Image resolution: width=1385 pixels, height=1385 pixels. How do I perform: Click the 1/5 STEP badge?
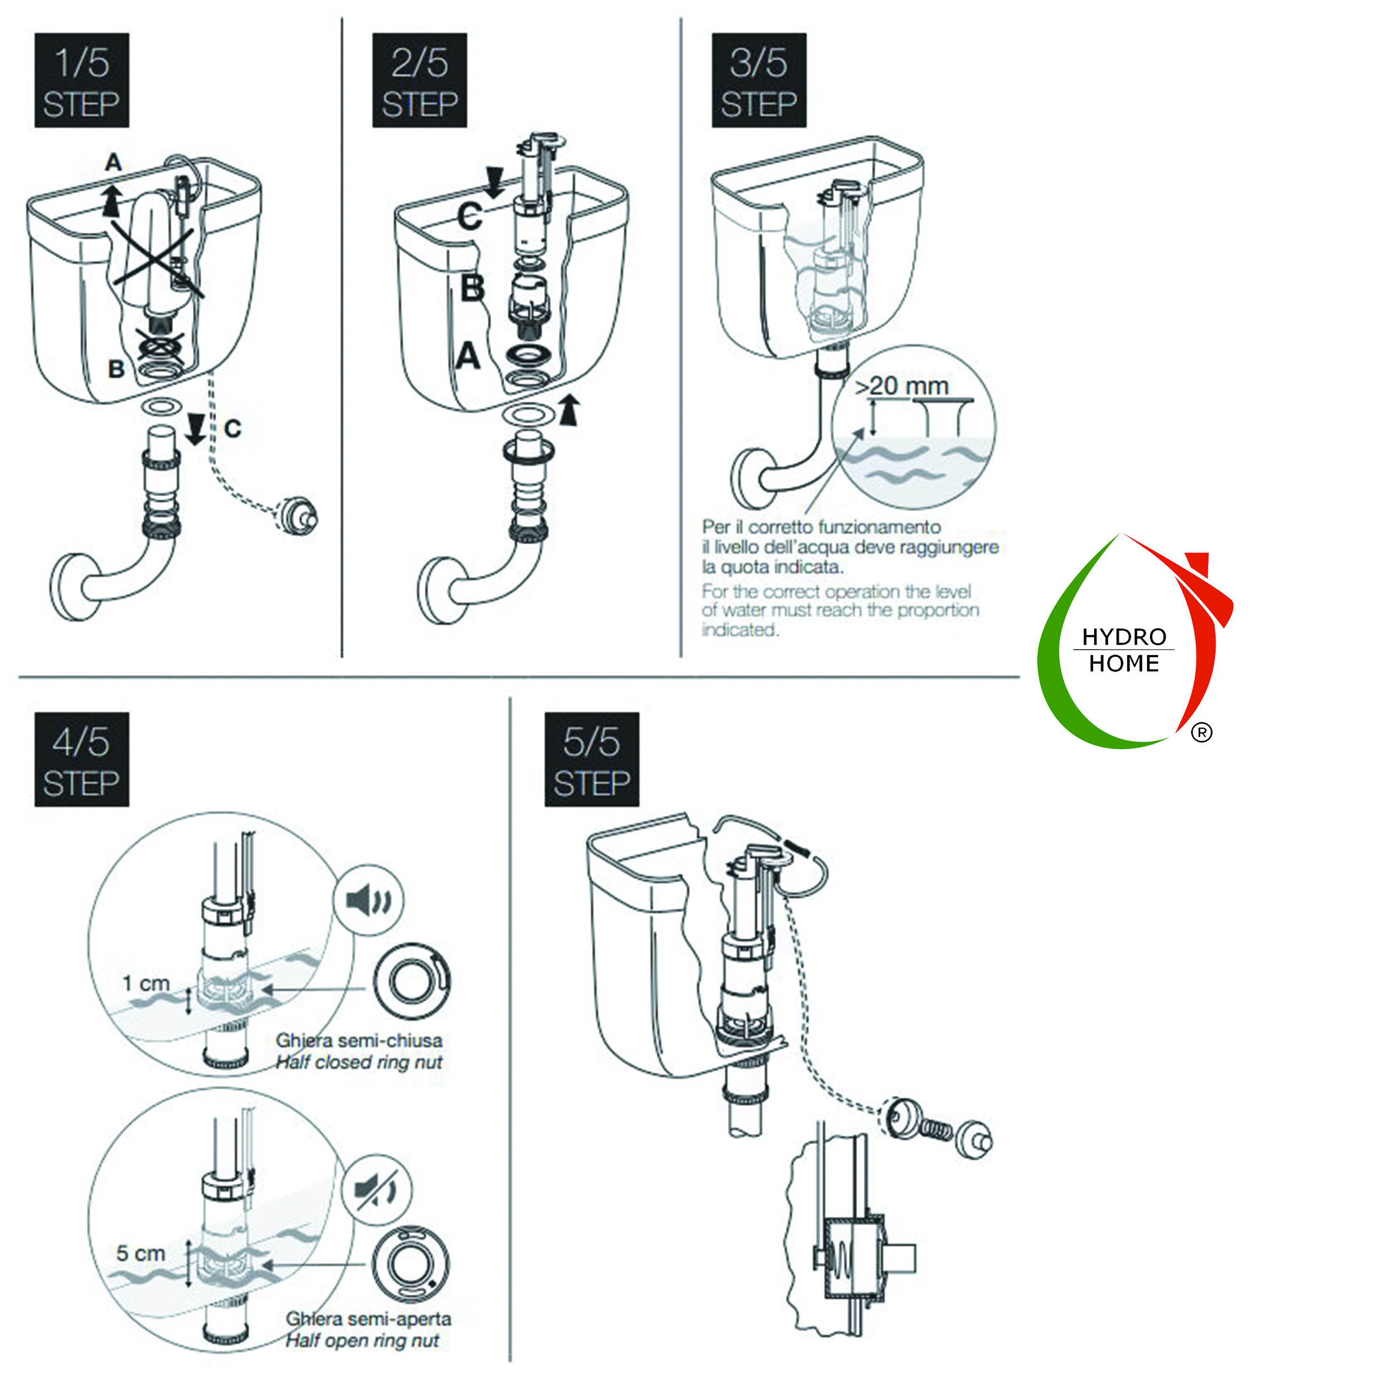[x=82, y=80]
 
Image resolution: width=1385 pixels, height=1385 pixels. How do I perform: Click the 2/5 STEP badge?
[x=419, y=80]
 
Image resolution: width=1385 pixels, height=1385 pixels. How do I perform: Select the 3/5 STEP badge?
[x=758, y=80]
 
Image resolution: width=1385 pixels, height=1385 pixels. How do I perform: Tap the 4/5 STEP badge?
[x=82, y=759]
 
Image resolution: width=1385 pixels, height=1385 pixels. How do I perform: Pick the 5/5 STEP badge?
[x=592, y=759]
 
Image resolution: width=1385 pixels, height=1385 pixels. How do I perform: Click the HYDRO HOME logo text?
[x=1123, y=650]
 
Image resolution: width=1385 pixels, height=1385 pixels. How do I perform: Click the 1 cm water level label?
[x=145, y=983]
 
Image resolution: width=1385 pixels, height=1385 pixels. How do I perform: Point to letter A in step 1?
[x=113, y=163]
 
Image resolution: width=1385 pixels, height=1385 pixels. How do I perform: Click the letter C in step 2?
[x=470, y=216]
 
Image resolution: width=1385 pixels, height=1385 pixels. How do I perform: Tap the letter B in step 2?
[x=473, y=288]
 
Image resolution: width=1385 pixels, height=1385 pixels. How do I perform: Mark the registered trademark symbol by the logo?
[x=1202, y=732]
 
